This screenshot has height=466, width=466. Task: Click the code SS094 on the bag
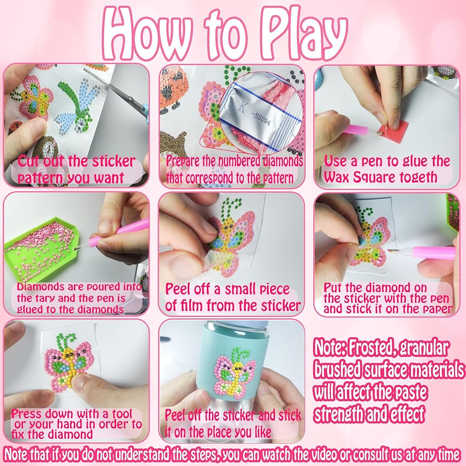click(x=262, y=118)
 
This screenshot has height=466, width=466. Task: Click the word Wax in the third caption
click(x=334, y=178)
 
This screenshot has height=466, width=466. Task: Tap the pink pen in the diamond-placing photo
click(x=423, y=253)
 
